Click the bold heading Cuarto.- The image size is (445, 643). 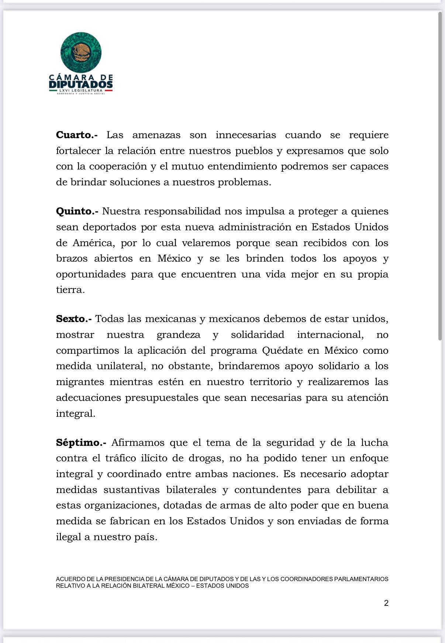pos(76,135)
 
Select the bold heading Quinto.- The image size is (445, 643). pos(77,212)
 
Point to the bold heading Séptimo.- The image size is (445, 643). pos(81,443)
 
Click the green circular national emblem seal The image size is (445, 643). pos(81,52)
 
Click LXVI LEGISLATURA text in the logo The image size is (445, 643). pos(81,90)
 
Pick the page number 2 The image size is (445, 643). pos(386,603)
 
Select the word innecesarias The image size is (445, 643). pos(246,135)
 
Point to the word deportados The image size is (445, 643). pos(110,227)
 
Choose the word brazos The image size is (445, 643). pos(72,259)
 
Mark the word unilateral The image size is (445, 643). pos(121,366)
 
